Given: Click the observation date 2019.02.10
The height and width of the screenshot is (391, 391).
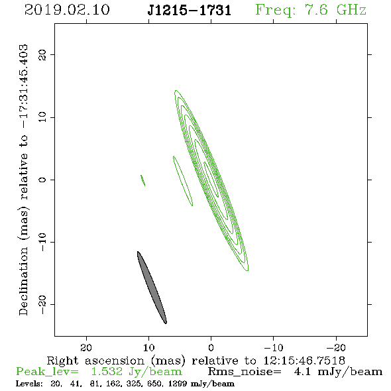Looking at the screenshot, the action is [x=67, y=10].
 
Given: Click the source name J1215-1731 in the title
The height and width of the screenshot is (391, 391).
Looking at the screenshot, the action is [x=190, y=11].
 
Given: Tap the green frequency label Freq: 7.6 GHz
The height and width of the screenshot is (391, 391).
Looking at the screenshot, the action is [x=311, y=10].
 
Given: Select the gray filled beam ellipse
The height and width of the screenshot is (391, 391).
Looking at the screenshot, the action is [x=152, y=288].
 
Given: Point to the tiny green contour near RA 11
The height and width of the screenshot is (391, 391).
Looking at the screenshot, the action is [x=143, y=180].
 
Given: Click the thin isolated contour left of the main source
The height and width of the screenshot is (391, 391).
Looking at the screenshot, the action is [x=183, y=181].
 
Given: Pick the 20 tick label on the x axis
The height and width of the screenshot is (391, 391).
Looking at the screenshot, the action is [x=86, y=347].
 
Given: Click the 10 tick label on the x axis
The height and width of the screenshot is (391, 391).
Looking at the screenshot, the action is [x=149, y=347].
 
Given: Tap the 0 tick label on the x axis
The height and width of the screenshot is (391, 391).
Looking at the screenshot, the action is [x=211, y=347].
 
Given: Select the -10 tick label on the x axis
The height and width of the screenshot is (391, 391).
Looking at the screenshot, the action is [x=273, y=347].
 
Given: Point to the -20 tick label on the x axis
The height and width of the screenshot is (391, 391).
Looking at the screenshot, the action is [x=336, y=347].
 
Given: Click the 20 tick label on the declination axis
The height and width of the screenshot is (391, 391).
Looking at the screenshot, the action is [x=42, y=55].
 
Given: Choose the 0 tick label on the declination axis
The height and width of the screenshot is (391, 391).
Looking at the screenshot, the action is [x=42, y=180].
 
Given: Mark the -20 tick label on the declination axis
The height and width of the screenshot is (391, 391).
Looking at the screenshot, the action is [x=42, y=304].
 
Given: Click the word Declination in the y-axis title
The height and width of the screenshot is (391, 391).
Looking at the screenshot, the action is [x=23, y=281].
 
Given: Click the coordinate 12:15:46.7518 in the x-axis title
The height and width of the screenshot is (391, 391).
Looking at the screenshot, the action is [x=304, y=361].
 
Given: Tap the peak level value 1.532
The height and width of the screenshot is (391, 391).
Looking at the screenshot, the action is [x=107, y=372].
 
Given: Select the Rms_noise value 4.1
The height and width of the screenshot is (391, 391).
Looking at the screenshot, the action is [x=302, y=372].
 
